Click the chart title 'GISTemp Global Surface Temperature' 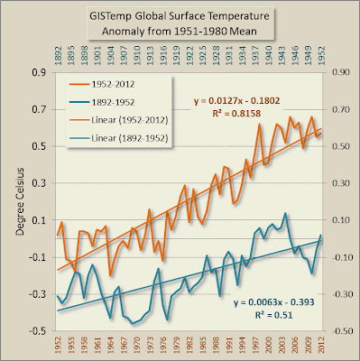click(180, 18)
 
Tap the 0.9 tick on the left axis click(41, 73)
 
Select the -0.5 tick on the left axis click(40, 331)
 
